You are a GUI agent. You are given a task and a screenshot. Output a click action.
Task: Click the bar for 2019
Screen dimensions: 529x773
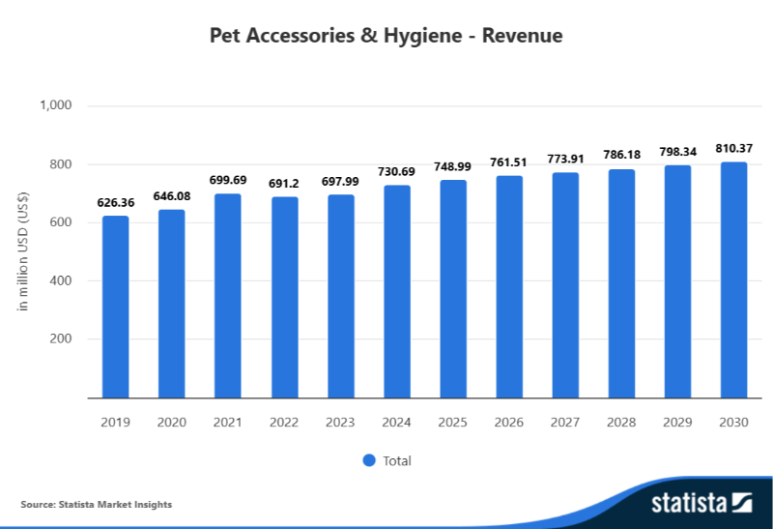point(116,307)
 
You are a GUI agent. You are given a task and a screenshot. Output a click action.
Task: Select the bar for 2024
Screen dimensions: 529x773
point(397,291)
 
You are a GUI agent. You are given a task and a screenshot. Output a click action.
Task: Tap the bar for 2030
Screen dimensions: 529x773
point(734,279)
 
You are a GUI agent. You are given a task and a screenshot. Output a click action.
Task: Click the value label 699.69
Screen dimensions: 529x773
point(228,180)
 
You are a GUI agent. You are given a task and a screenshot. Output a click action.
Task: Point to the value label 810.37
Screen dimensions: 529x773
point(734,148)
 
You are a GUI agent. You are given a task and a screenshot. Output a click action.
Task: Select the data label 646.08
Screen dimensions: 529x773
point(172,195)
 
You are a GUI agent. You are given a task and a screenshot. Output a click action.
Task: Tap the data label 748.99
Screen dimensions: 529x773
point(453,166)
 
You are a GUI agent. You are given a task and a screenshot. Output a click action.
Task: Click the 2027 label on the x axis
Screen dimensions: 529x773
point(565,423)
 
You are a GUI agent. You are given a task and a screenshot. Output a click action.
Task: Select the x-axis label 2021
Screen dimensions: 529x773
point(228,423)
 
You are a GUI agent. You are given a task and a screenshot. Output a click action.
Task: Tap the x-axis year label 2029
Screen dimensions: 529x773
point(678,423)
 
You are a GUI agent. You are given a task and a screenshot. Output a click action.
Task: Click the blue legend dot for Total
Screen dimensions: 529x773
point(368,460)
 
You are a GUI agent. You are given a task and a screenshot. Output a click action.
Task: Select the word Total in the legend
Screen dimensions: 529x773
point(397,461)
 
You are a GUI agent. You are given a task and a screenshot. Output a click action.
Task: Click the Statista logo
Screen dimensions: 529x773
point(701,503)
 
